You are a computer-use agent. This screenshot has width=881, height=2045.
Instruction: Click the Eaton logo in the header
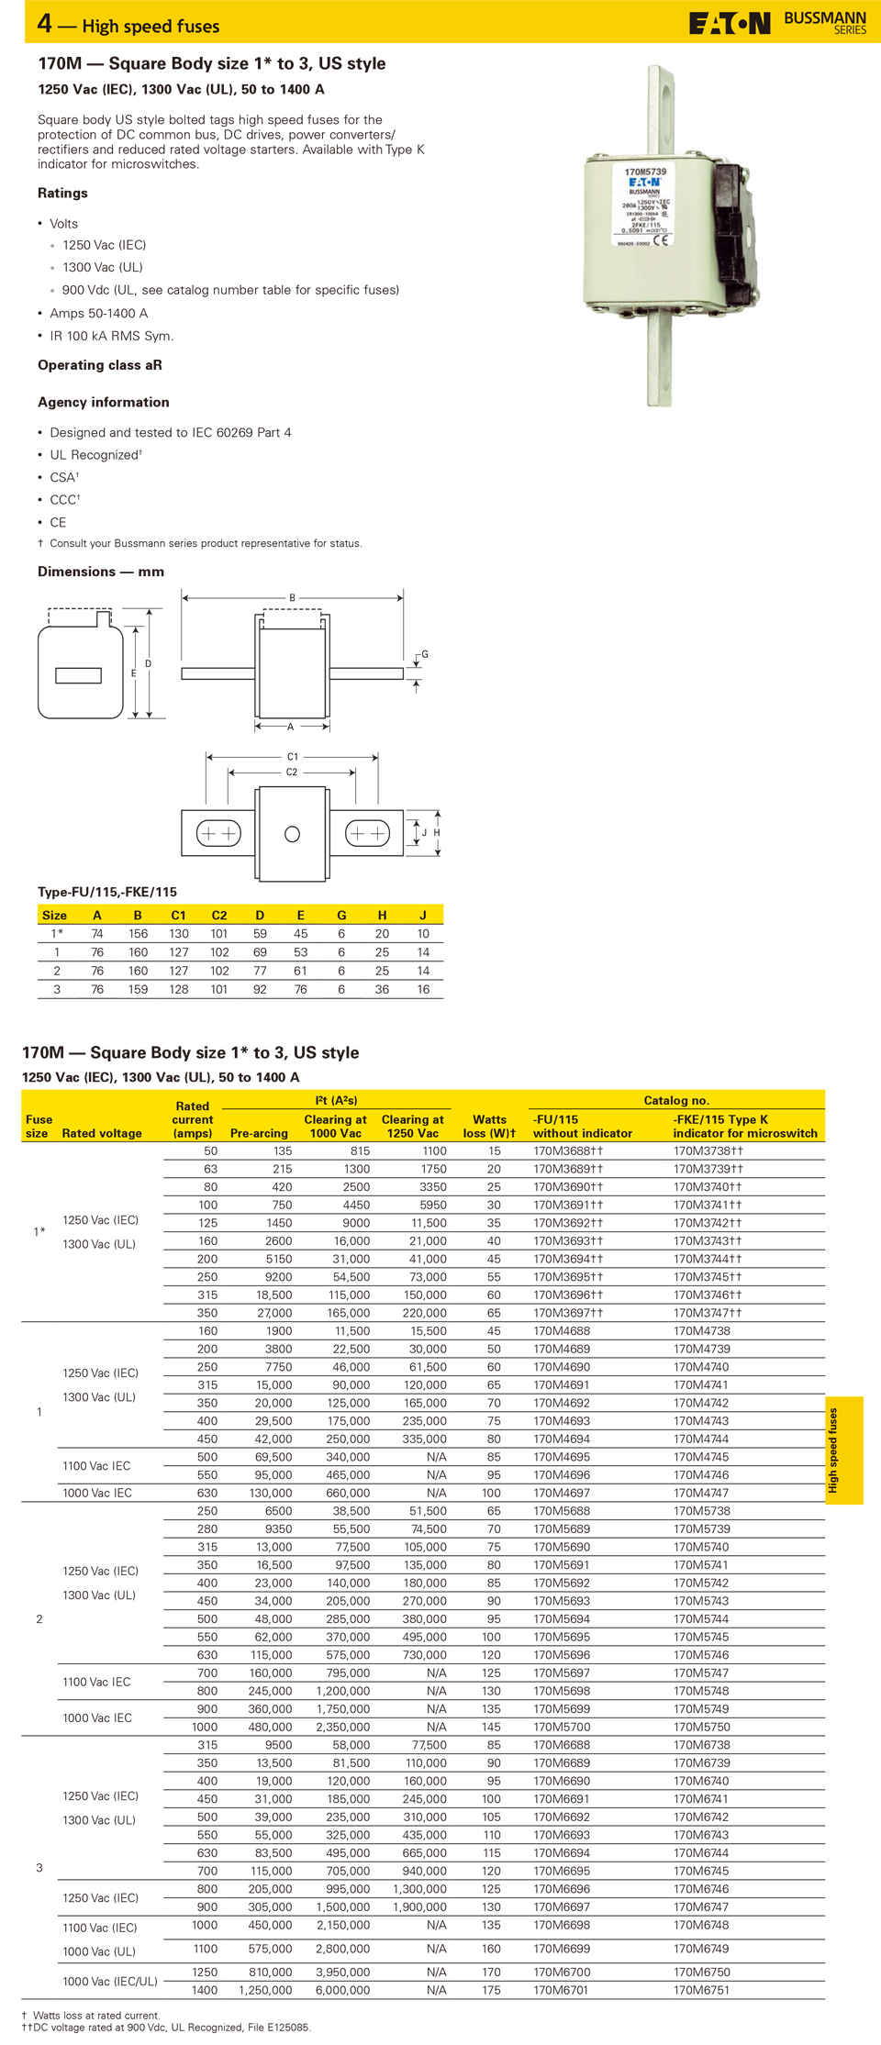pos(730,23)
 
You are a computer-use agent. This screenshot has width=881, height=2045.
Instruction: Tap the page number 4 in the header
pos(45,23)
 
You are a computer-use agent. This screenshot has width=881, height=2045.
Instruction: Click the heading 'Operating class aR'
pos(100,365)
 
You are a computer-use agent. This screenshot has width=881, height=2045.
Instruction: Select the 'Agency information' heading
pos(104,402)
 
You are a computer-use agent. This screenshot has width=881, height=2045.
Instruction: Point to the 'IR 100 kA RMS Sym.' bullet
pos(111,336)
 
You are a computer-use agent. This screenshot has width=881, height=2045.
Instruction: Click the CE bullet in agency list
pos(58,522)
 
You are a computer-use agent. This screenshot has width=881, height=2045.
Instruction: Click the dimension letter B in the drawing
pos(293,598)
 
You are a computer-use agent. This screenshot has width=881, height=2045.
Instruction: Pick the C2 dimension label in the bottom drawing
pos(292,772)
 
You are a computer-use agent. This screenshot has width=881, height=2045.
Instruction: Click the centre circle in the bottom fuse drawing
pos(293,834)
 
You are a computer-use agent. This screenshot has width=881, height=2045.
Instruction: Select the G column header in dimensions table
pos(341,915)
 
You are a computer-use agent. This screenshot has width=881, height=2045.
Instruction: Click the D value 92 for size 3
pos(260,989)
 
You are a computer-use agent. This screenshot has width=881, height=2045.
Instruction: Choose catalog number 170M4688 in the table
pos(562,1331)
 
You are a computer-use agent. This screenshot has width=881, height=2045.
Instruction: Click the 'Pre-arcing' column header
pos(259,1133)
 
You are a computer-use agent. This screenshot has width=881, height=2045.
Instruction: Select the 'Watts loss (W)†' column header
pos(489,1127)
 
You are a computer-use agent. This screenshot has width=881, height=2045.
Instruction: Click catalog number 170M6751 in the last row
pos(702,1990)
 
